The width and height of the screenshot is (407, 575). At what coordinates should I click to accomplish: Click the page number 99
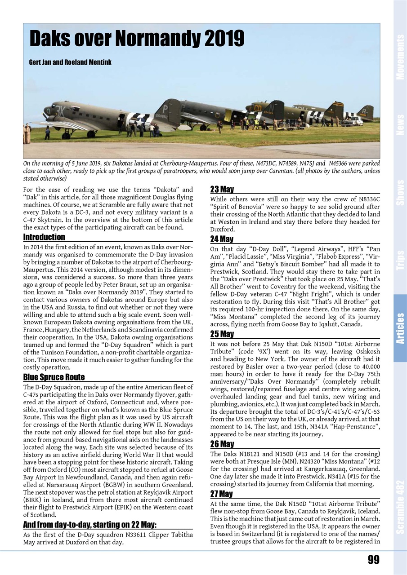[373, 559]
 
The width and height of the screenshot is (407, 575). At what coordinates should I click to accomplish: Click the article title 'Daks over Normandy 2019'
[137, 39]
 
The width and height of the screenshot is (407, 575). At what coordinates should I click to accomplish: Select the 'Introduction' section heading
[44, 237]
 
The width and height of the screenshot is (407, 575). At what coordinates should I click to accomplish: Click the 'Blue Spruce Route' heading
[54, 377]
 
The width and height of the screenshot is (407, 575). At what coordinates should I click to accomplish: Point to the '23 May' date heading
[222, 190]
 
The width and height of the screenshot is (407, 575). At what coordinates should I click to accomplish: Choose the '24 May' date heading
[222, 239]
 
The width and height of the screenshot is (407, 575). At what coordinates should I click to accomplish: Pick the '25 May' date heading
[222, 334]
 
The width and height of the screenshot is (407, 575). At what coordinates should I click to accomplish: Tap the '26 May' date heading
[222, 444]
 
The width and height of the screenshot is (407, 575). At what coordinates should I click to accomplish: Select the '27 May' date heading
[222, 494]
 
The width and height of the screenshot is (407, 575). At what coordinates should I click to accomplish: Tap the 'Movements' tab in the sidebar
[400, 57]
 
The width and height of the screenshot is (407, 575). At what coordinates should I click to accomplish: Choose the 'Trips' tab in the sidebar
[400, 260]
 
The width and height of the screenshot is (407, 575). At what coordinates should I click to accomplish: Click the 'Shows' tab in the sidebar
[400, 192]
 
